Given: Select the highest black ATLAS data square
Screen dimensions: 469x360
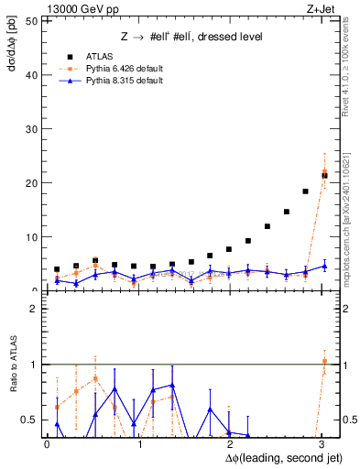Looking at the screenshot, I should tap(324, 174).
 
